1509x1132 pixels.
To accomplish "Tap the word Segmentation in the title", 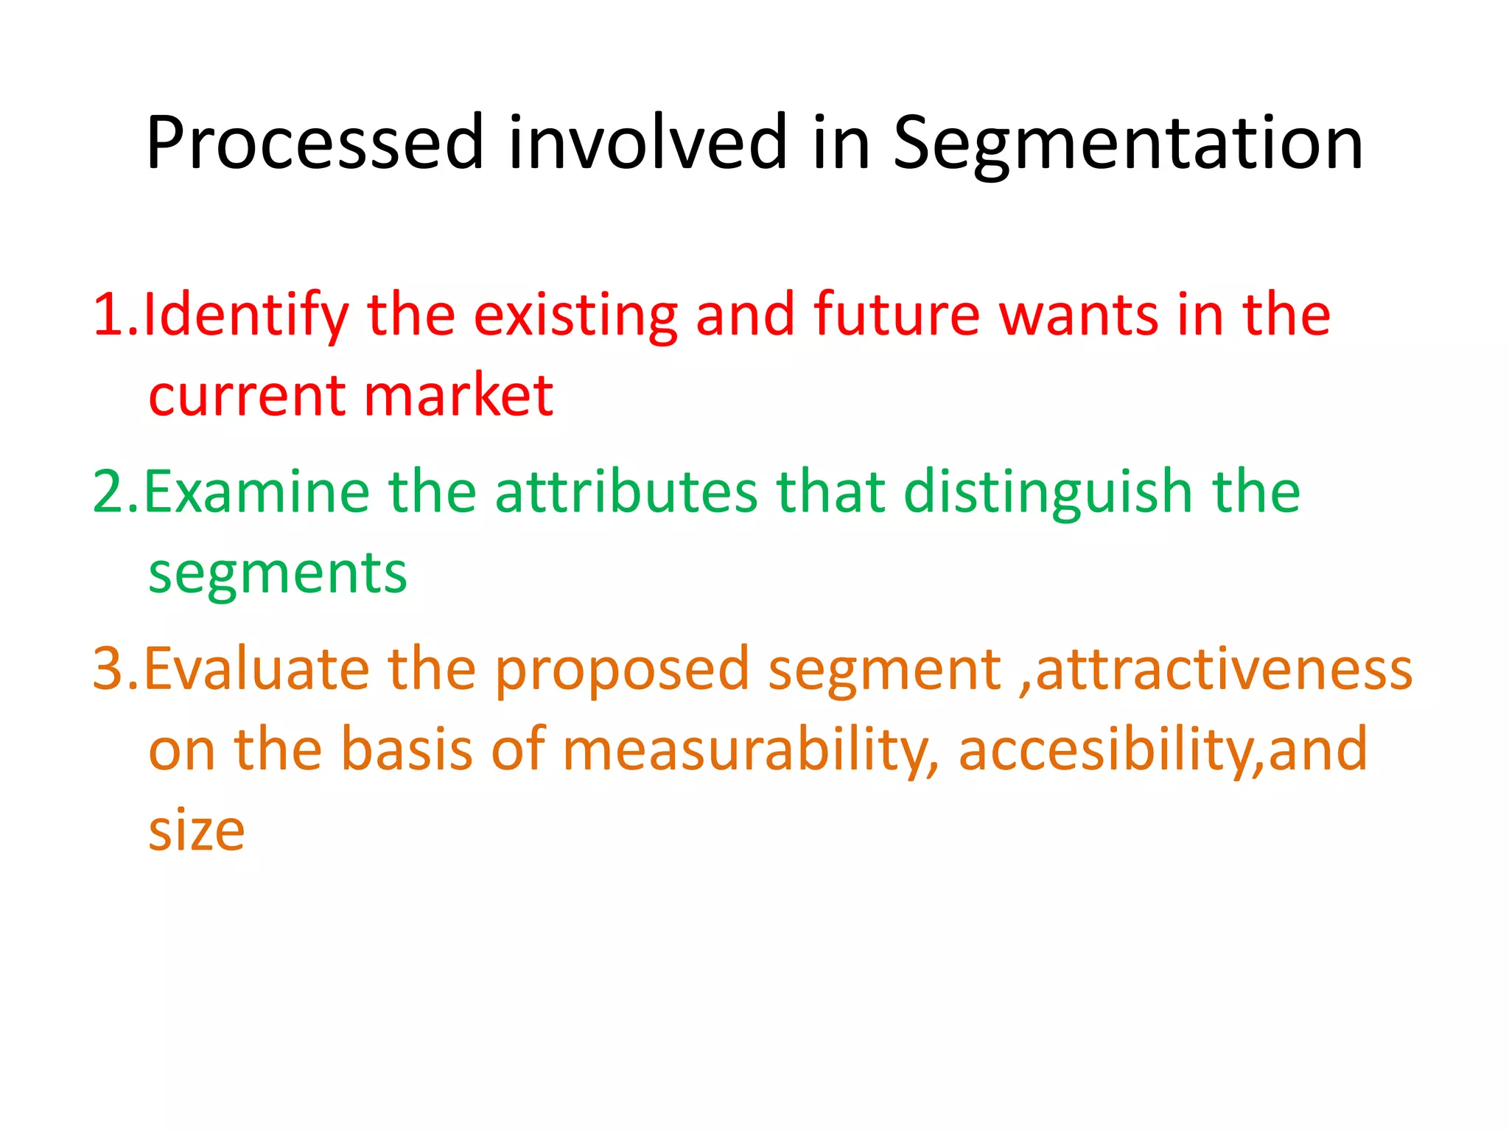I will coord(1127,144).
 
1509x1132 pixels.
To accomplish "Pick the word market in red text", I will coord(458,396).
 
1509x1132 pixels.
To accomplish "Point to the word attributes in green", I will coord(626,492).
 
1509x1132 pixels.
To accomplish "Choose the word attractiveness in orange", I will coord(1223,669).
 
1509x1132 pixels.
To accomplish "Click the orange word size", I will coord(196,831).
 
